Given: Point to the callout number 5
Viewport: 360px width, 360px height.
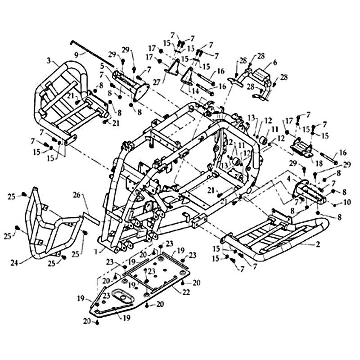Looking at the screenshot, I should (103, 65).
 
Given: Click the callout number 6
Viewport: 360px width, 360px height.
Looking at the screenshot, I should (275, 63).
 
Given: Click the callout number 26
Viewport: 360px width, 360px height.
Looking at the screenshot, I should (77, 195).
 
